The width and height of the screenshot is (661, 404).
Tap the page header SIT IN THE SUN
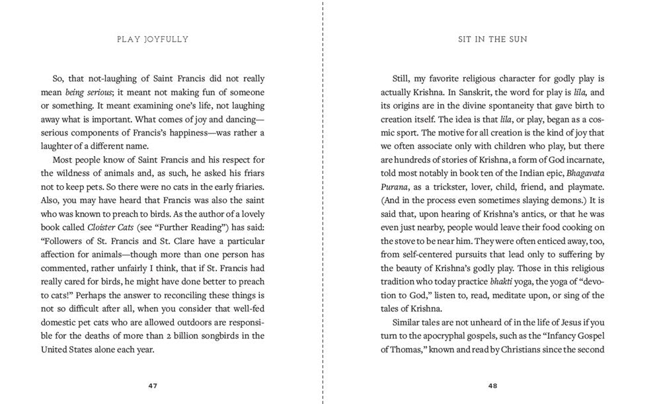[492, 39]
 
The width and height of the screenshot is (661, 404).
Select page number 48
[492, 385]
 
